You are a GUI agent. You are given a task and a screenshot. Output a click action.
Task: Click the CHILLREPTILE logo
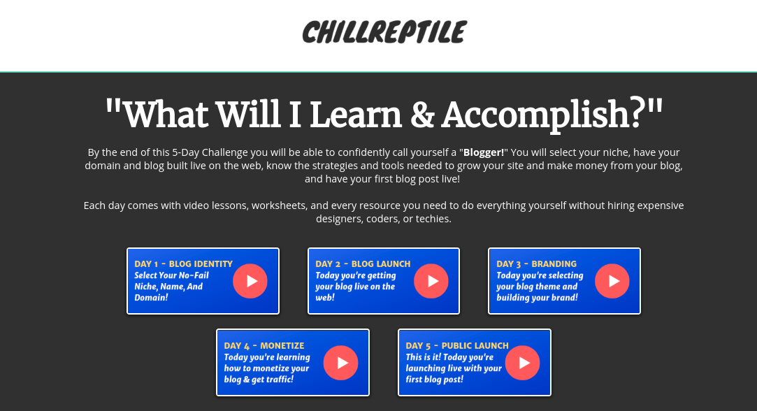[x=384, y=32]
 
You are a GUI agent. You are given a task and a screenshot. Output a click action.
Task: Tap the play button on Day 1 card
[x=250, y=281]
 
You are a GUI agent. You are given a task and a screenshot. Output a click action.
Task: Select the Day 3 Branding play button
[x=612, y=281]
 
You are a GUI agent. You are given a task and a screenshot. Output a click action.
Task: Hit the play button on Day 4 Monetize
[x=340, y=363]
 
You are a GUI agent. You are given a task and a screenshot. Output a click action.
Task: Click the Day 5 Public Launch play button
[x=522, y=363]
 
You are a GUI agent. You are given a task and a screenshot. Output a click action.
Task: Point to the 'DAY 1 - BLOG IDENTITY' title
[x=183, y=264]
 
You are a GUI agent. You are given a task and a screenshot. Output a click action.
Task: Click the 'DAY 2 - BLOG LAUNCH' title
[x=363, y=264]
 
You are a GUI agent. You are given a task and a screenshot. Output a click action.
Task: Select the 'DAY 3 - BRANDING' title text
[x=536, y=264]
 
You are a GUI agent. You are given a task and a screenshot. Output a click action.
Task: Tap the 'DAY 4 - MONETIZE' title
[x=264, y=346]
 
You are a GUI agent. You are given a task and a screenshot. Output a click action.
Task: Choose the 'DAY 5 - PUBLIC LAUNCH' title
[x=456, y=346]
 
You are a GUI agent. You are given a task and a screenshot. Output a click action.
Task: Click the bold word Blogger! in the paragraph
[x=484, y=152]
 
